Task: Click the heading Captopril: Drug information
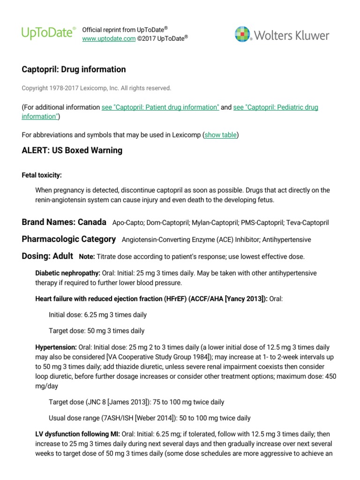74,69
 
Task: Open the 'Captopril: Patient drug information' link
160,107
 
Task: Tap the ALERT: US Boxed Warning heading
72,150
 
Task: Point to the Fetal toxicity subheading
42,175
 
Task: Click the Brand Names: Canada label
64,222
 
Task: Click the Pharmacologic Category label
68,239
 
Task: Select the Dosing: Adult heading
47,256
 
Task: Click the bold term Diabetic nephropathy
67,273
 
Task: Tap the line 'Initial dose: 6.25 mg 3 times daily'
97,315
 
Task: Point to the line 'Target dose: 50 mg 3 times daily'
97,330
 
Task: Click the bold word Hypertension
56,347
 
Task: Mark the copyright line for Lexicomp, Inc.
97,88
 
